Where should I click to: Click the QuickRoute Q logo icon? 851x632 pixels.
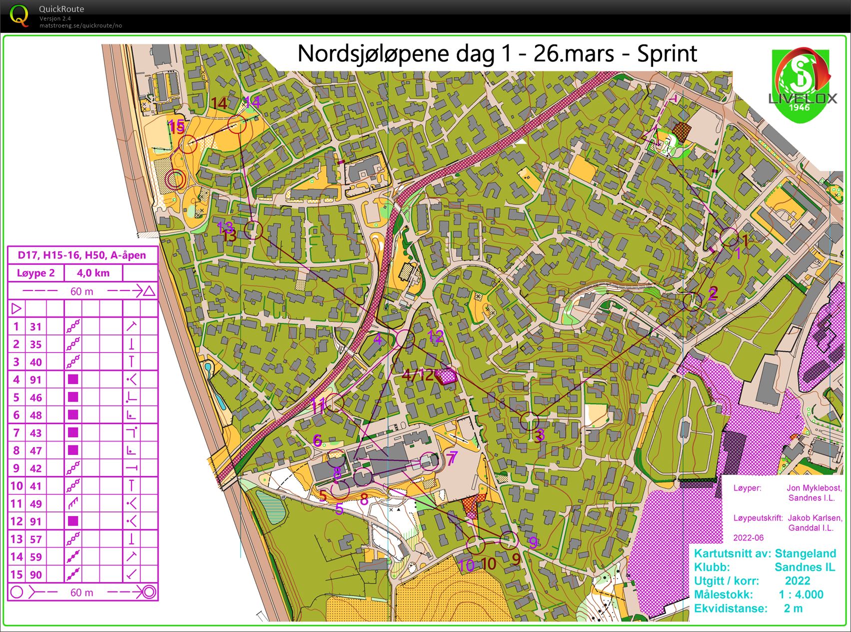[18, 15]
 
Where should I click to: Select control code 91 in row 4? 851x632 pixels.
[35, 379]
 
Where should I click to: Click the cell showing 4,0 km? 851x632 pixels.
[93, 273]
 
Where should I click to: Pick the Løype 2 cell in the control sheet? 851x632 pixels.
[35, 273]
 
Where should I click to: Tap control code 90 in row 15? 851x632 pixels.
[35, 574]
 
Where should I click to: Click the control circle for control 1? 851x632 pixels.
[729, 237]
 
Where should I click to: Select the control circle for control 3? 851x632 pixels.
[529, 421]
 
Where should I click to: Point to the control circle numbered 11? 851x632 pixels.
[334, 402]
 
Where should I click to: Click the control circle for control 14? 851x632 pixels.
[237, 124]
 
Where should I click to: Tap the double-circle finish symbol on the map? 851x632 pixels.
[175, 178]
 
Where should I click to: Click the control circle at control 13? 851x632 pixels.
[253, 230]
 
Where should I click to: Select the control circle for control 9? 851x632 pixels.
[509, 539]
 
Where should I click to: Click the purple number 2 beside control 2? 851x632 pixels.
[713, 293]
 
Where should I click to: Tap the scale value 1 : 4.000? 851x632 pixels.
[801, 595]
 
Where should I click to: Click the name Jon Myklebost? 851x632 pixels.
[814, 488]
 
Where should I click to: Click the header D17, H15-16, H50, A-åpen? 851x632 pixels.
[82, 255]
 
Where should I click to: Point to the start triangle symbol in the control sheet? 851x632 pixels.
[16, 308]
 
